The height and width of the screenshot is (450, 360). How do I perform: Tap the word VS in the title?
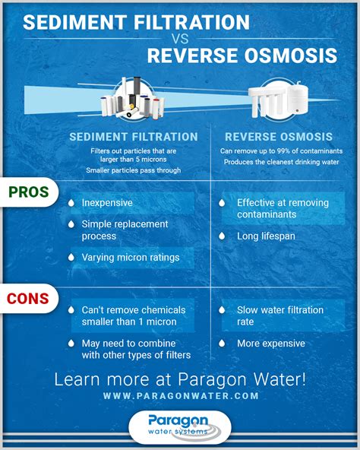(179, 37)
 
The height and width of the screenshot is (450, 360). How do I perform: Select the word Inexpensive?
(107, 203)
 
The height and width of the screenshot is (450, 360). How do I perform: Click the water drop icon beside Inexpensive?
(71, 203)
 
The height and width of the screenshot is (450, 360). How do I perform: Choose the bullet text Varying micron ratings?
(130, 258)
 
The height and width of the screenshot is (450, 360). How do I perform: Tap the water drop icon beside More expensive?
(222, 344)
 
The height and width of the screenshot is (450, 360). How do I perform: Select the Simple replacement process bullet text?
(125, 230)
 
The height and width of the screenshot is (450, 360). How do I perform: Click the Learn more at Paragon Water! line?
(181, 379)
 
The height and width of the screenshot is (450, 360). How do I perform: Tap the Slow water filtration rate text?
(279, 315)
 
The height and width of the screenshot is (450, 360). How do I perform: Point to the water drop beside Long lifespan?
(222, 236)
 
